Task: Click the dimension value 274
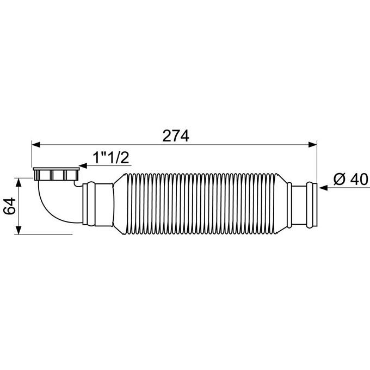(175, 136)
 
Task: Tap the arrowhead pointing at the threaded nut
(83, 166)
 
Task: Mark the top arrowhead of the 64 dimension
(19, 181)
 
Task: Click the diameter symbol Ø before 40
(337, 179)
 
